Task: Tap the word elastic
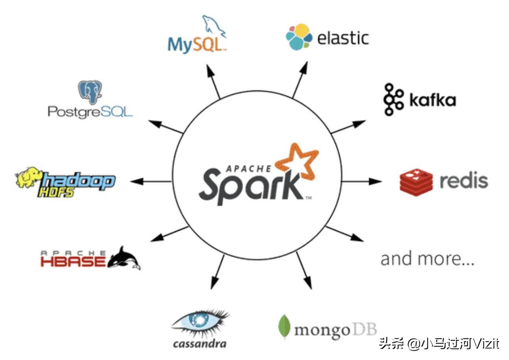coord(343,38)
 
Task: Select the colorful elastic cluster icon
coord(299,37)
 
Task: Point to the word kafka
coord(433,100)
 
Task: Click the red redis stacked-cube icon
coord(416,182)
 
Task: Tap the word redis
coord(463,181)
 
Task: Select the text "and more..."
coord(427,259)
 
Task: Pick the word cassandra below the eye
coord(199,344)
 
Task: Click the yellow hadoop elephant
coord(29,178)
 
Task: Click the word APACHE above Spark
coord(248,169)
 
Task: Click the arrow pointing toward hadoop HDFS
coord(151,182)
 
